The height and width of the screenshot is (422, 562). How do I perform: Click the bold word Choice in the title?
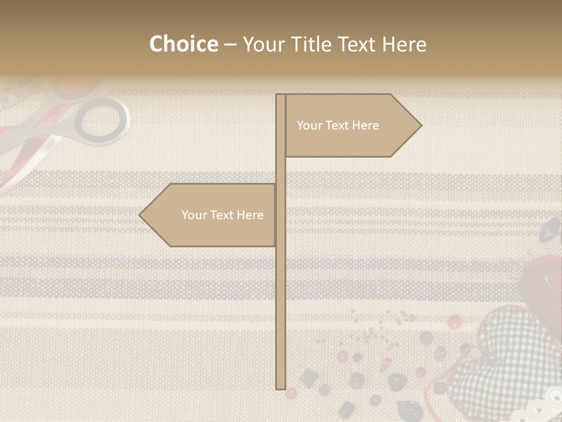pyautogui.click(x=183, y=44)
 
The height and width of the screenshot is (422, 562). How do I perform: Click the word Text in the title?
pyautogui.click(x=358, y=44)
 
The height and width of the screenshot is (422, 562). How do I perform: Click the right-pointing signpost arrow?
pyautogui.click(x=351, y=125)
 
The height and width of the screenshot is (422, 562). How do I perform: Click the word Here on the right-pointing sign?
pyautogui.click(x=365, y=125)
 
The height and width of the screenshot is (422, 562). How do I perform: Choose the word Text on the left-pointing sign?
pyautogui.click(x=222, y=215)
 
